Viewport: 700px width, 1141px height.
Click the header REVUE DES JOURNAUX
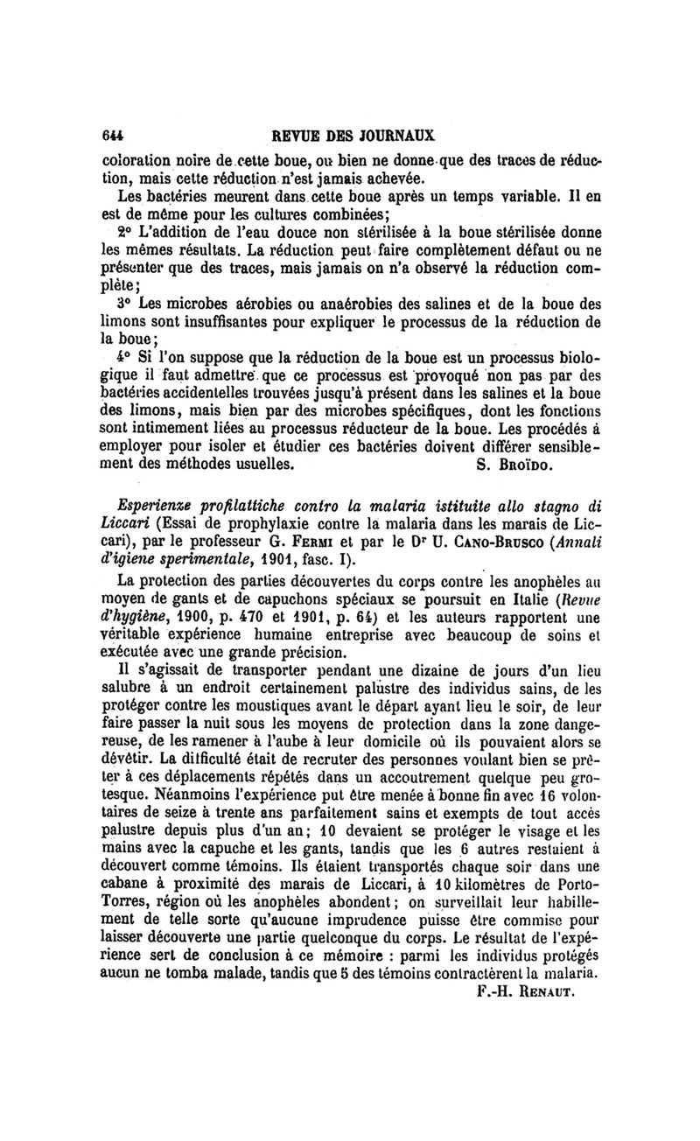pos(354,136)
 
